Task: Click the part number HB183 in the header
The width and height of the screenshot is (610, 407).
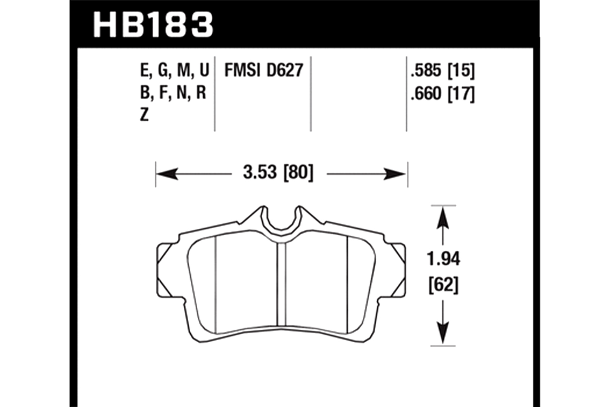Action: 153,24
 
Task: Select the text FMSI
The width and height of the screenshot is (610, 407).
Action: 242,70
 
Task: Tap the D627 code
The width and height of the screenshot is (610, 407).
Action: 285,70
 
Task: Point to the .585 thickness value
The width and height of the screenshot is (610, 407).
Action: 426,70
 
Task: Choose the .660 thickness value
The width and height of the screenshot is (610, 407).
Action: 426,94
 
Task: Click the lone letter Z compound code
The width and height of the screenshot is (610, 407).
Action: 144,115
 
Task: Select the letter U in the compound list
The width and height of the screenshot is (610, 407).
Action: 204,70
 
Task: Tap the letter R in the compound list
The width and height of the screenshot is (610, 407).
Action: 201,93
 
